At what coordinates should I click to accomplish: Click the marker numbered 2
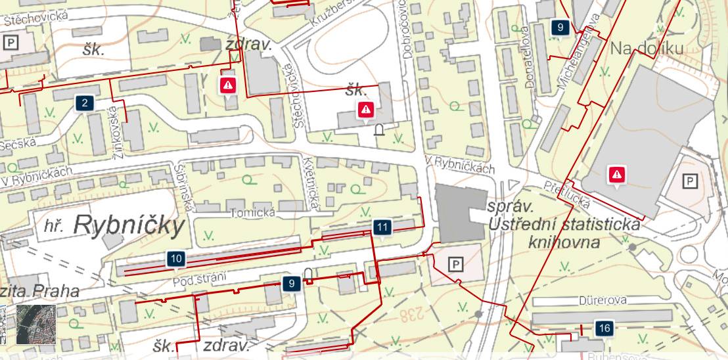(x=85, y=103)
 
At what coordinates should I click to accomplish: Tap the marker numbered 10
(x=175, y=259)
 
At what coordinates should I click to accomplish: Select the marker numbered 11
(x=382, y=227)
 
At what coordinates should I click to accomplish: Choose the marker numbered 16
(x=604, y=328)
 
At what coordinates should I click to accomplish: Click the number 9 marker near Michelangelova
(x=560, y=27)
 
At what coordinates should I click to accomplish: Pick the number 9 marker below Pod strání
(x=291, y=284)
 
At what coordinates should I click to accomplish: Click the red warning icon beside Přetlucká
(x=616, y=174)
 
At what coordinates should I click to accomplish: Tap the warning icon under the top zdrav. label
(x=228, y=84)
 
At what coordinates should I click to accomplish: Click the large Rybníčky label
(x=130, y=225)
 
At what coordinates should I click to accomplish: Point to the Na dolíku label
(x=647, y=48)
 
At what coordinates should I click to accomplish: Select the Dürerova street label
(x=601, y=300)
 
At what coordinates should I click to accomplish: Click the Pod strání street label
(x=198, y=281)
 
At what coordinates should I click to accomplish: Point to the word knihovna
(x=564, y=242)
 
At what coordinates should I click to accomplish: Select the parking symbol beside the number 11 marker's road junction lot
(x=455, y=264)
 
